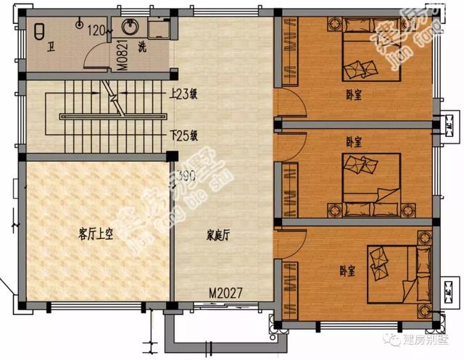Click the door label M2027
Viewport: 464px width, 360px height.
pyautogui.click(x=225, y=293)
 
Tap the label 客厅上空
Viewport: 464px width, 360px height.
pyautogui.click(x=96, y=234)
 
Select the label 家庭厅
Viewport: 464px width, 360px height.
pyautogui.click(x=218, y=235)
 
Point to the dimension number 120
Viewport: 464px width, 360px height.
pyautogui.click(x=96, y=30)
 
